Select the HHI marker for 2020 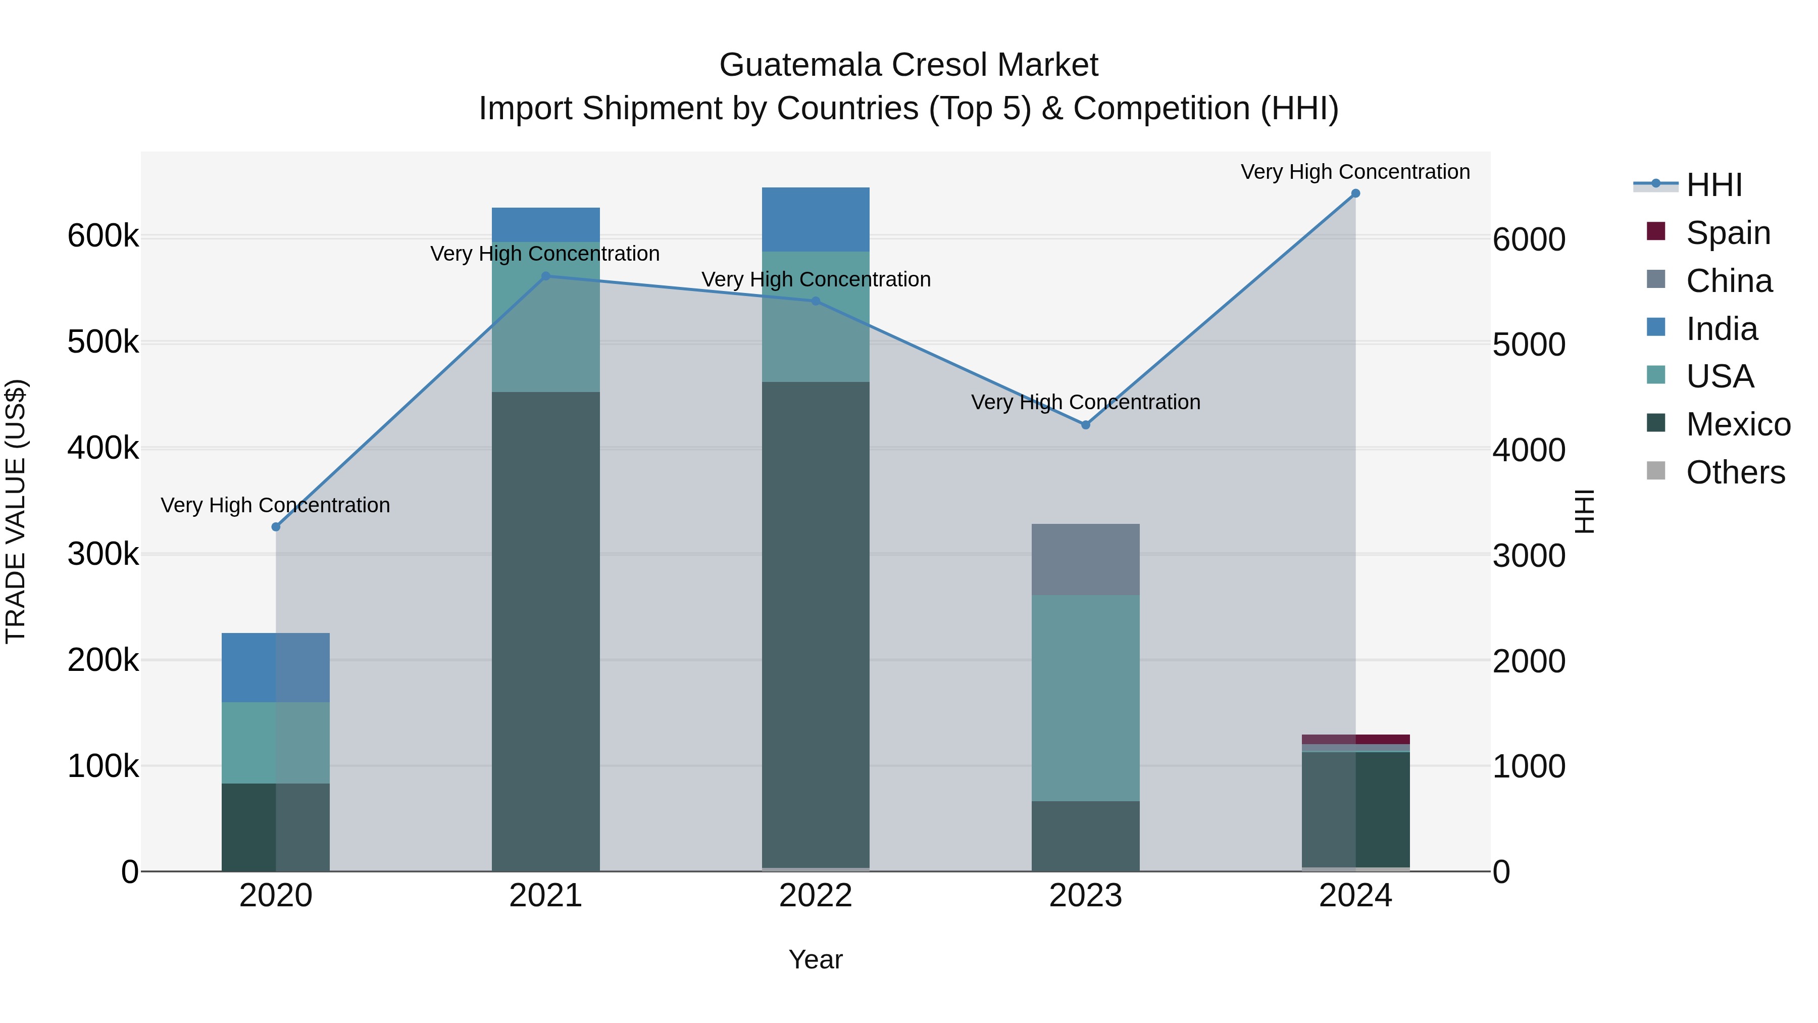pyautogui.click(x=276, y=527)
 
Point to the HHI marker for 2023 pyautogui.click(x=1085, y=425)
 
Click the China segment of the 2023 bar pyautogui.click(x=1085, y=559)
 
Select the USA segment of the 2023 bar pyautogui.click(x=1085, y=698)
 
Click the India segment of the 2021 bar pyautogui.click(x=545, y=224)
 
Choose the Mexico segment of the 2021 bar pyautogui.click(x=545, y=630)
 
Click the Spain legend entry pyautogui.click(x=1728, y=232)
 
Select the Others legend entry pyautogui.click(x=1735, y=472)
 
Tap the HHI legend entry pyautogui.click(x=1713, y=185)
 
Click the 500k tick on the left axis pyautogui.click(x=103, y=343)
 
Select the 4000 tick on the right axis pyautogui.click(x=1529, y=450)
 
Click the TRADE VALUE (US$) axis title pyautogui.click(x=16, y=511)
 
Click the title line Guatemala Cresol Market pyautogui.click(x=908, y=65)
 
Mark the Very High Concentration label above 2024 pyautogui.click(x=1355, y=172)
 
